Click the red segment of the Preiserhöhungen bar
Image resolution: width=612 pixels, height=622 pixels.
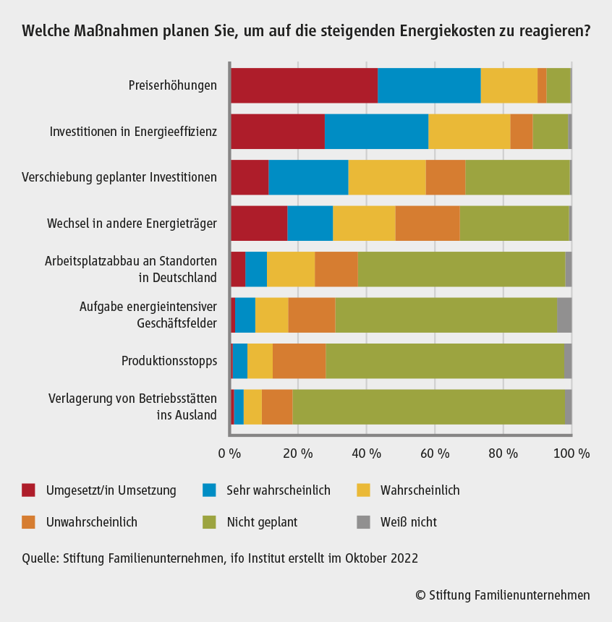point(304,85)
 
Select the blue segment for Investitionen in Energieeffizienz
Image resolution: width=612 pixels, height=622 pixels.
point(376,131)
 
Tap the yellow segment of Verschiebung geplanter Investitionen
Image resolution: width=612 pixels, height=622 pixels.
point(387,177)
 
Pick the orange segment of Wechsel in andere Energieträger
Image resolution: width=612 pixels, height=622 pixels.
point(428,223)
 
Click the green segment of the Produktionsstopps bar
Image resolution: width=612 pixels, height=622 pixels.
point(444,360)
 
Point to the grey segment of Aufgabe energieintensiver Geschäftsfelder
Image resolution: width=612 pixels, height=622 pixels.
point(564,315)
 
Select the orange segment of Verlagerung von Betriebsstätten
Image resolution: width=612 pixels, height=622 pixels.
point(277,406)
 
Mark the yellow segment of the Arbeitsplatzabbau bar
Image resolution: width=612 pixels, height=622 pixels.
point(291,269)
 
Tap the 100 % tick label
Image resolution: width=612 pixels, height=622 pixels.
point(572,453)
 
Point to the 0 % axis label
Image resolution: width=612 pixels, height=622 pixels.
point(230,453)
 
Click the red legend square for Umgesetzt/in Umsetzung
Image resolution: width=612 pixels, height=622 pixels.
point(28,490)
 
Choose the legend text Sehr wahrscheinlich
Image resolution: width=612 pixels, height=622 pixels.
point(278,490)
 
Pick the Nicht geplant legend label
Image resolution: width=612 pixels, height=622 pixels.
point(261,521)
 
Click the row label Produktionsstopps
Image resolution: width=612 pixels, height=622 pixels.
point(169,360)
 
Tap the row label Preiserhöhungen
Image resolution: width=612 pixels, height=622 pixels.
point(172,85)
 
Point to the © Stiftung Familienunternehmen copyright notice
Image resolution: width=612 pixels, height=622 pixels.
point(503,595)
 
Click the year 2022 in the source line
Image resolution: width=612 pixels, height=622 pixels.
point(404,558)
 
